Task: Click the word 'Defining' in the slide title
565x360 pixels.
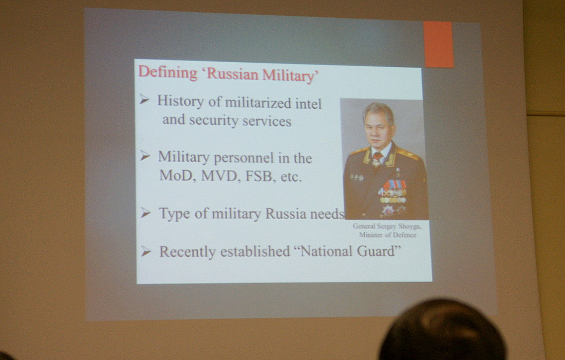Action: click(168, 72)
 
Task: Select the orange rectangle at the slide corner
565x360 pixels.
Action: click(438, 44)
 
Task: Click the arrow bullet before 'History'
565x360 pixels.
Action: click(144, 100)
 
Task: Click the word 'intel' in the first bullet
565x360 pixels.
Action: click(308, 104)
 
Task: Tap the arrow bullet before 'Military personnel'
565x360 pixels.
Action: click(145, 156)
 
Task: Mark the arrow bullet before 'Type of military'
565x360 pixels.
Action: click(145, 213)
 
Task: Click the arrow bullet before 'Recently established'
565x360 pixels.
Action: click(146, 251)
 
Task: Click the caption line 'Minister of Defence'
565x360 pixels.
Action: click(388, 235)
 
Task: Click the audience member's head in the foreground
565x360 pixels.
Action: click(443, 329)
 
